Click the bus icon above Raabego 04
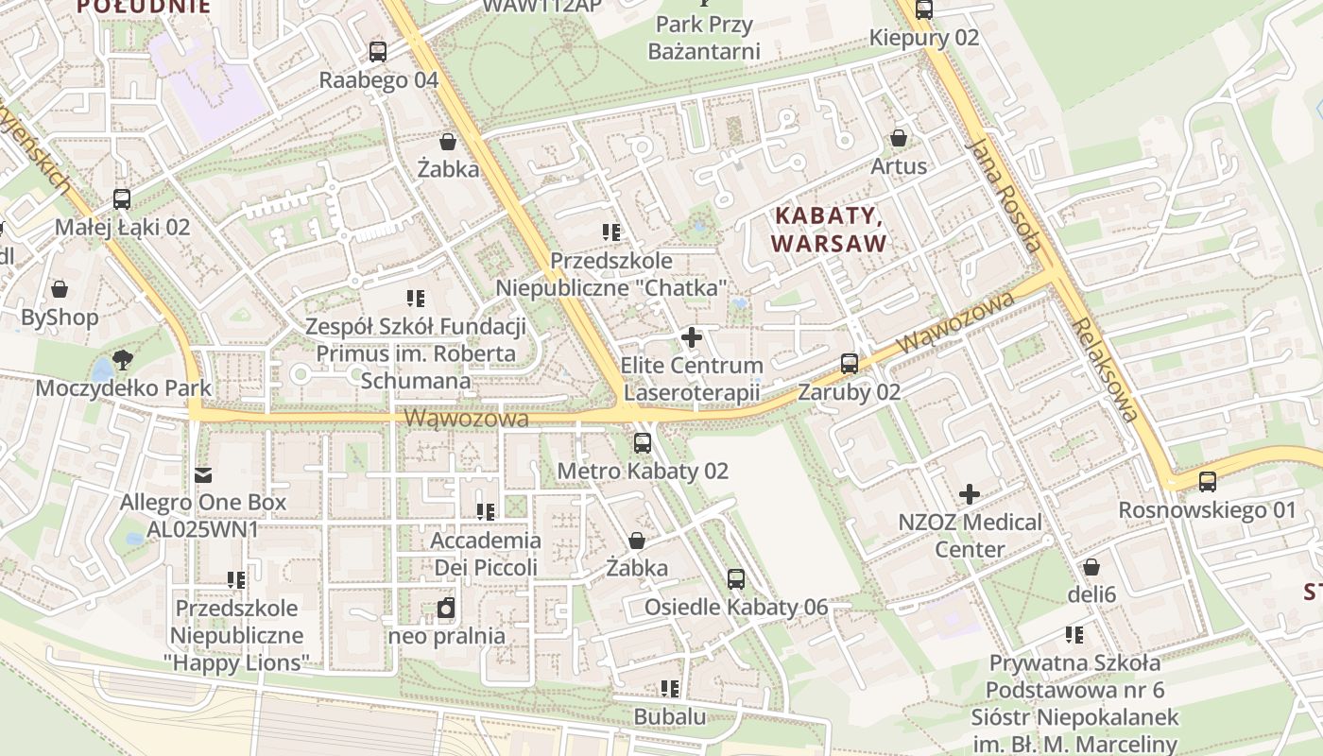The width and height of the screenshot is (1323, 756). pos(378,52)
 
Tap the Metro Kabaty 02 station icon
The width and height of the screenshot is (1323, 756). pos(643,442)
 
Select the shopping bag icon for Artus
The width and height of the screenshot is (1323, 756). pos(899,138)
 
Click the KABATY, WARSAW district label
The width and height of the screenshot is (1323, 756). pos(830,230)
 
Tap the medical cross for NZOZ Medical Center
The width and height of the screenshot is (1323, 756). pos(970,494)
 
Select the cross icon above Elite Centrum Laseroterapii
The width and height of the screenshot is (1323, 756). pos(692,336)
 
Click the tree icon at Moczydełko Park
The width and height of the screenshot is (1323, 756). pos(122,359)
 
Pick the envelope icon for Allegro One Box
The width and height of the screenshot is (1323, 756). pos(203,474)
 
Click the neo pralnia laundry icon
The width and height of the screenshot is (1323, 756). pos(446,608)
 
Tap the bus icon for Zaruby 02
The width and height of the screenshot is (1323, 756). pos(850,364)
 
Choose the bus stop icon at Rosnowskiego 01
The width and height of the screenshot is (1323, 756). pos(1208,482)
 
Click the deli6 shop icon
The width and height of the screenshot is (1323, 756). pos(1091,567)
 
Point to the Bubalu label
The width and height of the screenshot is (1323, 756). pos(669,716)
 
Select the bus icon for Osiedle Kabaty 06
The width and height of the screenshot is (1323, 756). pos(736,579)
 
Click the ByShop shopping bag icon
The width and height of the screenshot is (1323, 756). pos(60,289)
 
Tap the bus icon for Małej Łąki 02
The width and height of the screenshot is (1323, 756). pos(122,199)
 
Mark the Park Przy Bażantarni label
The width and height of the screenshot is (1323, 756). pos(704,38)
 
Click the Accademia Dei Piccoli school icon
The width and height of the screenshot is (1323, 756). pos(486,512)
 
